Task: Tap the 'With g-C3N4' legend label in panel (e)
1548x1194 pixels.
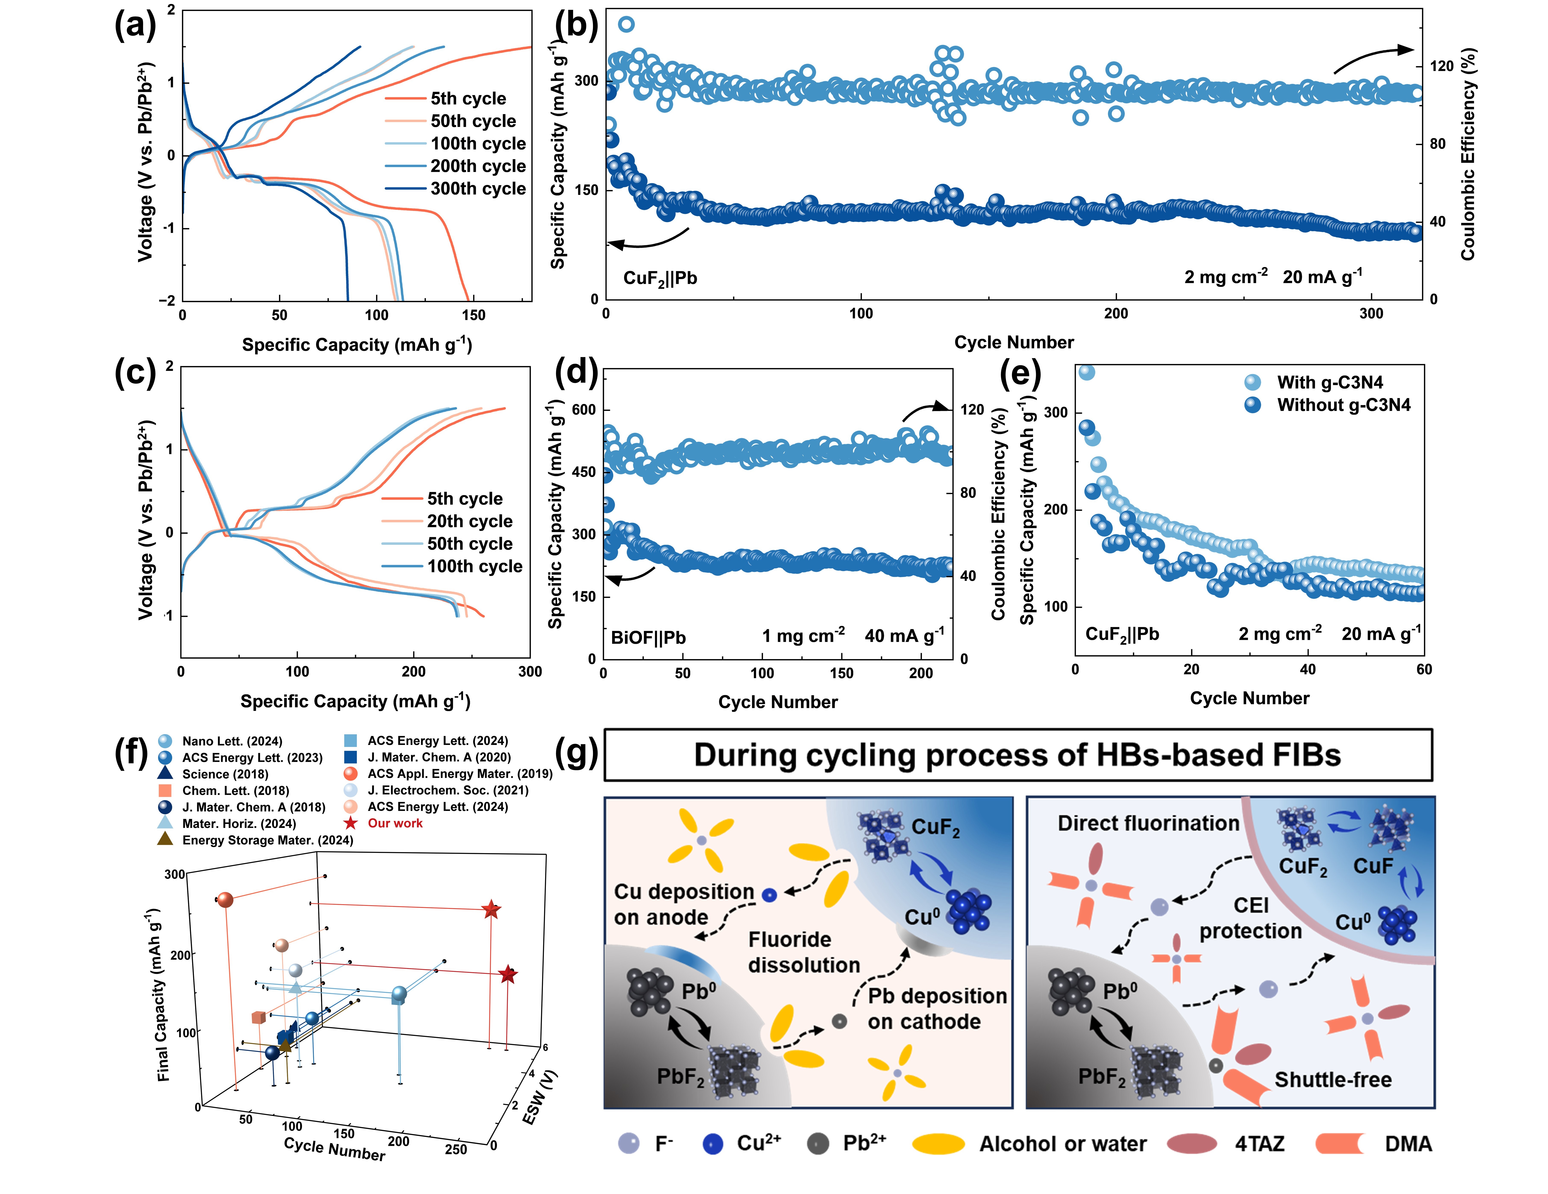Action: (1330, 383)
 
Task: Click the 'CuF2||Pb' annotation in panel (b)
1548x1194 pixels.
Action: (660, 278)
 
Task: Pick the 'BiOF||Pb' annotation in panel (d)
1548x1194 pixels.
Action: (648, 637)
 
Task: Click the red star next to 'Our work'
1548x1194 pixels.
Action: (350, 823)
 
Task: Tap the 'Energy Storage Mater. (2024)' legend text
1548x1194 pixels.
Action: (267, 840)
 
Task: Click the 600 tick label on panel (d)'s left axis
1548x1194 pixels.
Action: (584, 410)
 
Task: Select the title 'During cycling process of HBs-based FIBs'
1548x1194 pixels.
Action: (1017, 755)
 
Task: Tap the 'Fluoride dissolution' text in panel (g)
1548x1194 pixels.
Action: (804, 952)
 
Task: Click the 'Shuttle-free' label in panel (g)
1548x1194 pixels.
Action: (1333, 1080)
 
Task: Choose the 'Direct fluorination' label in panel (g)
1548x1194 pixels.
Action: (1148, 823)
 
